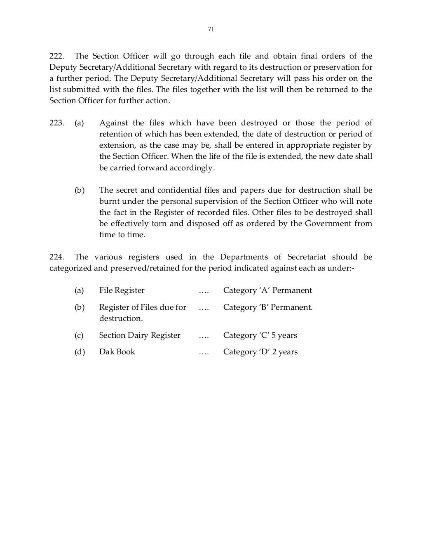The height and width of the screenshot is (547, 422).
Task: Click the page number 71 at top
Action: [x=211, y=29]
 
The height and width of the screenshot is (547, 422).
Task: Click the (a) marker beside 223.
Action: [x=79, y=123]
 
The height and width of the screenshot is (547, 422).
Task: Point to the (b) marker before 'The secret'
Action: [x=79, y=190]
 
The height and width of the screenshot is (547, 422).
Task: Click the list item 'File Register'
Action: [x=122, y=290]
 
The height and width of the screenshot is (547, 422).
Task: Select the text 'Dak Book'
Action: [x=117, y=352]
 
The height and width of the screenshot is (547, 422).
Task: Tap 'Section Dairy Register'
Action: [x=140, y=335]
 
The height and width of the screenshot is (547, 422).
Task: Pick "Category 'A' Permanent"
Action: [x=267, y=290]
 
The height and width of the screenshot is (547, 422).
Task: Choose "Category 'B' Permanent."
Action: [x=268, y=307]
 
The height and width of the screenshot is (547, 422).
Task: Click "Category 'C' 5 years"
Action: [x=260, y=335]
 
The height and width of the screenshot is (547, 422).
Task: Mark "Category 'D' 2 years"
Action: [x=260, y=352]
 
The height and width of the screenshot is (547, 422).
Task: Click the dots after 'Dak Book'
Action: [x=204, y=352]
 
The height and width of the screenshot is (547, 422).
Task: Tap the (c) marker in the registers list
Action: [x=79, y=335]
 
